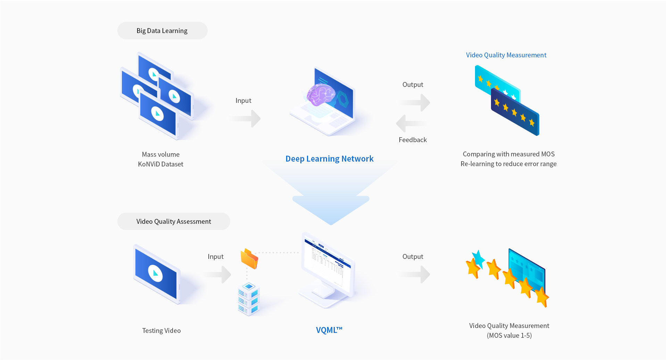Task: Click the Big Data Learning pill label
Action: (x=162, y=31)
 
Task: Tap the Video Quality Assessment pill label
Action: (x=174, y=221)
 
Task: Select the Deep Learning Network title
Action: (x=329, y=159)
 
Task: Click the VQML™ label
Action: (x=329, y=330)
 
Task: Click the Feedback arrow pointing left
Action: (x=411, y=123)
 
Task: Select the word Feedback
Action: (x=413, y=140)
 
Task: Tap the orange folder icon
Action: (x=249, y=259)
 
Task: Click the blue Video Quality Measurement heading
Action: (x=506, y=55)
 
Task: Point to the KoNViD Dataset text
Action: (x=160, y=164)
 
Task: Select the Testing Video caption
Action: (x=161, y=330)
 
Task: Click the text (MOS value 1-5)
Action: (x=509, y=335)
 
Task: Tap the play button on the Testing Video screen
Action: (x=156, y=273)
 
